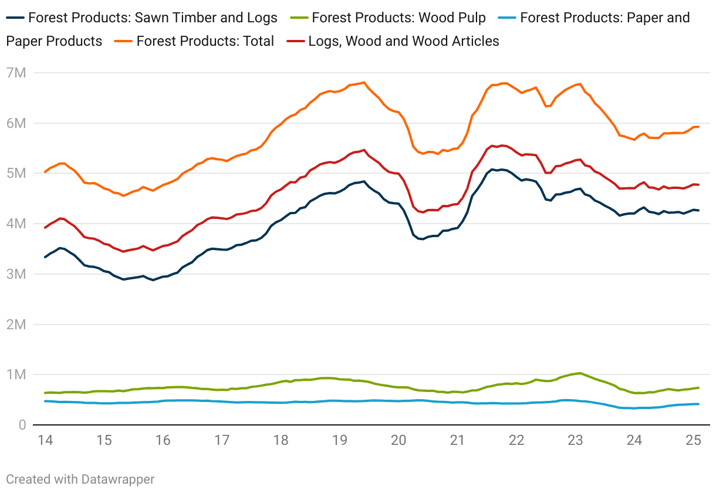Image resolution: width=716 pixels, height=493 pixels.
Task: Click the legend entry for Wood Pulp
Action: click(x=398, y=18)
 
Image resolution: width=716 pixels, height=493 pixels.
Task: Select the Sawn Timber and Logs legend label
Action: click(x=153, y=18)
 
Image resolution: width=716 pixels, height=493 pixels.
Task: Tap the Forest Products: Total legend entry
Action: click(x=205, y=41)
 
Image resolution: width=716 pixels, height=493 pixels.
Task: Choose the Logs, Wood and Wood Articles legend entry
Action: click(x=403, y=41)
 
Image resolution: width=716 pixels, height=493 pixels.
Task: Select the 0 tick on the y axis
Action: click(x=21, y=425)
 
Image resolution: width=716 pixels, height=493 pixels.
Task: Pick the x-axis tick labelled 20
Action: click(x=398, y=440)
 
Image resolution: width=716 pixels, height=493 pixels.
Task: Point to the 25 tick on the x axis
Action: click(x=694, y=440)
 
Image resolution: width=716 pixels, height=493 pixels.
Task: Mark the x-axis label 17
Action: click(x=221, y=440)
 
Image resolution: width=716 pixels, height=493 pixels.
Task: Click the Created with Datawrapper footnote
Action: click(x=80, y=480)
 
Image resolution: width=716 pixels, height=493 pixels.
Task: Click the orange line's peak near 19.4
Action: click(x=364, y=82)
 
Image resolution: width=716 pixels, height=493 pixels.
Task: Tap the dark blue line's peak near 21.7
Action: click(x=493, y=170)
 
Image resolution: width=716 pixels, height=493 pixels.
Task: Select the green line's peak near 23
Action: click(x=580, y=373)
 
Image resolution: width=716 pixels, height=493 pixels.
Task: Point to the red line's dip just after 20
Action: click(x=423, y=212)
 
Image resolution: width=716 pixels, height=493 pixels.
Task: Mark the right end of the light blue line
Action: click(x=698, y=404)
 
